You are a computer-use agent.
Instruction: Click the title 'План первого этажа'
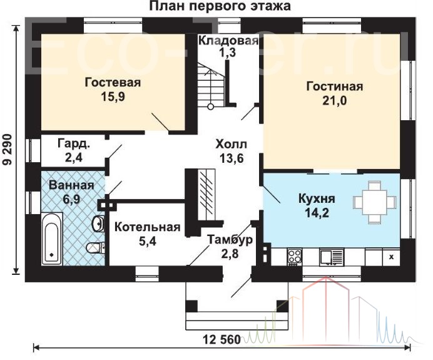pos(220,6)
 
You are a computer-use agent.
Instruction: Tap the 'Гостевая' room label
pos(113,83)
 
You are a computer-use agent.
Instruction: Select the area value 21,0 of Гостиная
pos(334,101)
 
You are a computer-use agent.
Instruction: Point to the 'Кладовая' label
pos(228,40)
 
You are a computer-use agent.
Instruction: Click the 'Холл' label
pos(232,144)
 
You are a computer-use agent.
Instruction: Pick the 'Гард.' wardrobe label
pos(74,143)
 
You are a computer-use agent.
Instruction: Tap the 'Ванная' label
pos(71,185)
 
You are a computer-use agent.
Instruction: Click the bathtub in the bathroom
pos(52,239)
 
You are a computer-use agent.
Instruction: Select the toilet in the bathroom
pos(95,247)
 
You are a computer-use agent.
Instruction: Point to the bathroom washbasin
pos(98,224)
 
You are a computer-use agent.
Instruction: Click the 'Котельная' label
pos(148,227)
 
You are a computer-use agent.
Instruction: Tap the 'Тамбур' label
pos(230,240)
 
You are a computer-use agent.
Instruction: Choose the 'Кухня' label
pos(317,198)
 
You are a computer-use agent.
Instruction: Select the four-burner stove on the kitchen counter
pos(294,257)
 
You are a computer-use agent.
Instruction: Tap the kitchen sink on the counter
pos(332,257)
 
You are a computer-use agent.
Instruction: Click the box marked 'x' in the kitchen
pos(391,257)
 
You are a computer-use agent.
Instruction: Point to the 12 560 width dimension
pos(222,339)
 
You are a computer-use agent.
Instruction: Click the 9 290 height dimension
pos(8,150)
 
